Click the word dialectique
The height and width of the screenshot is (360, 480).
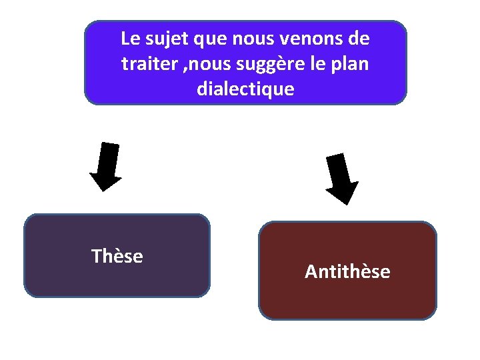[x=245, y=89]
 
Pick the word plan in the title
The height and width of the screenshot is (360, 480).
[x=352, y=64]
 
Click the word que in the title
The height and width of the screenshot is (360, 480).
[x=211, y=39]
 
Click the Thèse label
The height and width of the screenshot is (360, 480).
[x=117, y=256]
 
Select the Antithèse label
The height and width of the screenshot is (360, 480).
[x=347, y=272]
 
